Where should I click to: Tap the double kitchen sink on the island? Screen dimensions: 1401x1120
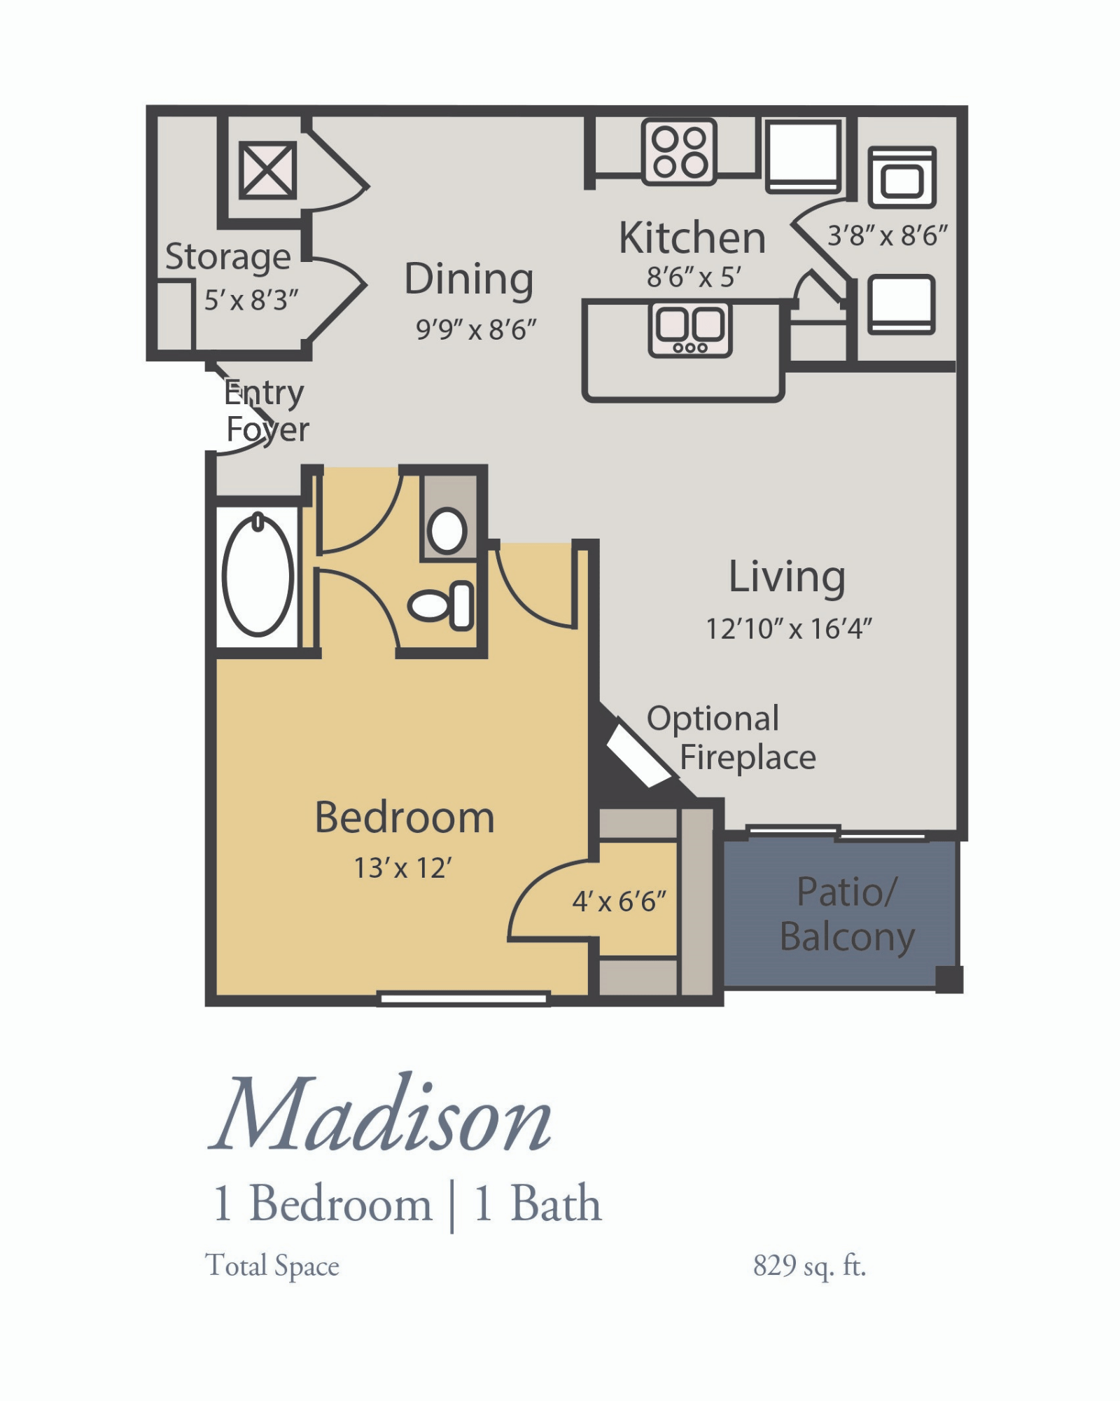click(x=690, y=328)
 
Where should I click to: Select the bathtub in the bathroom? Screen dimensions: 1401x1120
click(x=258, y=576)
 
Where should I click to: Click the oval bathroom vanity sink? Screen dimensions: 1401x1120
click(x=447, y=530)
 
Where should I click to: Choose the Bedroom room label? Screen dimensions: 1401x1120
click(x=405, y=817)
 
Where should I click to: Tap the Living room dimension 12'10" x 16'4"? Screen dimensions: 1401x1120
click(x=788, y=629)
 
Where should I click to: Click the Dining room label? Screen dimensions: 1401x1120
click(x=469, y=279)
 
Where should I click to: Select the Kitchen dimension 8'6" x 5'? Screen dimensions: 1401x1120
click(x=693, y=277)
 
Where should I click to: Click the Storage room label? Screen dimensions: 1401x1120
click(x=227, y=256)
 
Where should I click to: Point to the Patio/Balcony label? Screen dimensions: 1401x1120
click(x=847, y=914)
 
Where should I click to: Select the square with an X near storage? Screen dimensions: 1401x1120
click(x=267, y=170)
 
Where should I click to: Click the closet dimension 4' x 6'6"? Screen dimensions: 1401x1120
click(x=619, y=902)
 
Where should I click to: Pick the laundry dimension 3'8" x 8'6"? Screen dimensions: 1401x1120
click(x=887, y=236)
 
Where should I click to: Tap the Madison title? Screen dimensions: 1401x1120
click(x=381, y=1117)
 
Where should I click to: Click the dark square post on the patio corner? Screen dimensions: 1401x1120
click(x=949, y=979)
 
